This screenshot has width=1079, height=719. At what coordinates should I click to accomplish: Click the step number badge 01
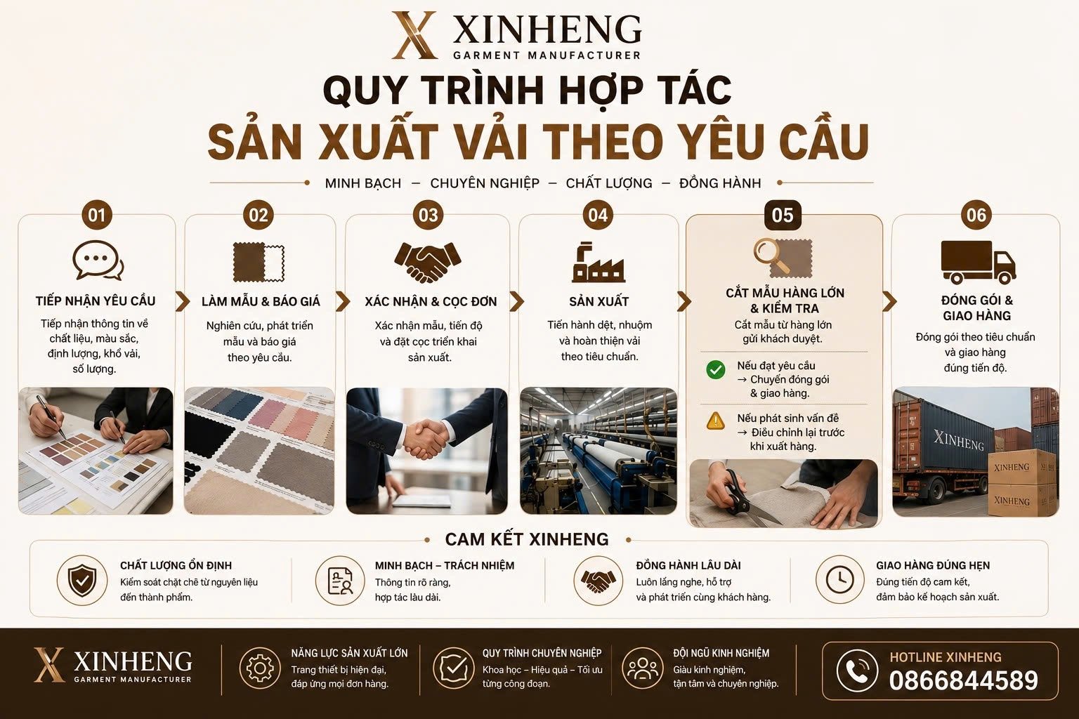pyautogui.click(x=96, y=215)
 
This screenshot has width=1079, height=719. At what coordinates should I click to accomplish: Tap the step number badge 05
pyautogui.click(x=783, y=215)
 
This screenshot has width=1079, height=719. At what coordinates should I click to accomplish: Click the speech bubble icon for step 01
pyautogui.click(x=98, y=260)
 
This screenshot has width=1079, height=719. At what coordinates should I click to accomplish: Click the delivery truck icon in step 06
pyautogui.click(x=979, y=261)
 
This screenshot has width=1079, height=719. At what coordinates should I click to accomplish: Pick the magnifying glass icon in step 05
pyautogui.click(x=772, y=256)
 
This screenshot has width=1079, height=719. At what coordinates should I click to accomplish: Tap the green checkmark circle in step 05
pyautogui.click(x=716, y=370)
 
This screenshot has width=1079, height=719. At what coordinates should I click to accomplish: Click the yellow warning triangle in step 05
pyautogui.click(x=716, y=421)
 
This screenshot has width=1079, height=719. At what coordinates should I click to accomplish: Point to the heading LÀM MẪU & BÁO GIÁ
pyautogui.click(x=261, y=301)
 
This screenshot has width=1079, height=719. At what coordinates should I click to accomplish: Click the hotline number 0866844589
pyautogui.click(x=963, y=680)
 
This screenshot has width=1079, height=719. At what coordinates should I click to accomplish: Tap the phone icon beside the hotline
pyautogui.click(x=857, y=671)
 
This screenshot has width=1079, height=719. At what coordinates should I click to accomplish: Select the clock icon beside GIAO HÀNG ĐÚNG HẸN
pyautogui.click(x=839, y=579)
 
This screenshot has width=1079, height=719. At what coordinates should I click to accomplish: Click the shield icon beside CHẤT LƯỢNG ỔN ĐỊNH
pyautogui.click(x=82, y=580)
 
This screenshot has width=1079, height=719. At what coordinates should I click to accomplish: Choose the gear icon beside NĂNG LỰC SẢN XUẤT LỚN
pyautogui.click(x=260, y=668)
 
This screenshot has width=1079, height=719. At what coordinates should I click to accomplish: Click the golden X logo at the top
pyautogui.click(x=414, y=35)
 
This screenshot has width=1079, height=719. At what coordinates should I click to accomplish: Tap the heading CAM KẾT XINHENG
pyautogui.click(x=527, y=539)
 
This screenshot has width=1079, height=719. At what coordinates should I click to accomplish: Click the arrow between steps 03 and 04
pyautogui.click(x=516, y=301)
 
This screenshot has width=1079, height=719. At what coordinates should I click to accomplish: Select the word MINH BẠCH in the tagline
pyautogui.click(x=362, y=183)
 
